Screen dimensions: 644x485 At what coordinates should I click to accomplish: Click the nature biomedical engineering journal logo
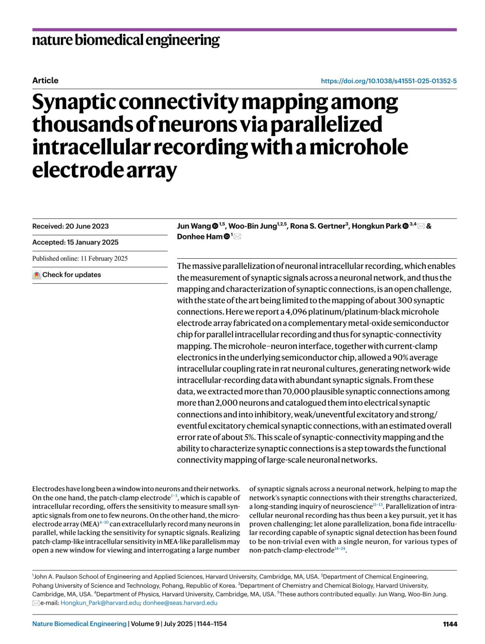click(x=126, y=40)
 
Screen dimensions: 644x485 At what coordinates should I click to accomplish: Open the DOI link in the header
click(x=388, y=81)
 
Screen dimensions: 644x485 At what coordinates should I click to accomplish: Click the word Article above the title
click(x=45, y=80)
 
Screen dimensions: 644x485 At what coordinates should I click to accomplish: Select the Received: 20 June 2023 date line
click(x=70, y=226)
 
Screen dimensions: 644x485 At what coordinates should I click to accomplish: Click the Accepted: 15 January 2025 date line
click(x=75, y=242)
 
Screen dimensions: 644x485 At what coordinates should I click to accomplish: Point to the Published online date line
click(x=80, y=258)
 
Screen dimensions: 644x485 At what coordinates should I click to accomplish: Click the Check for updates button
click(x=67, y=275)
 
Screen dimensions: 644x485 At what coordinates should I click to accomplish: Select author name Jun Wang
click(x=194, y=226)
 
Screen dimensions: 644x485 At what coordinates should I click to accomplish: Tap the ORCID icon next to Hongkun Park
click(x=405, y=226)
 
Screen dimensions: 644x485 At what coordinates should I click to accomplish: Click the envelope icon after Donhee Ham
click(x=238, y=236)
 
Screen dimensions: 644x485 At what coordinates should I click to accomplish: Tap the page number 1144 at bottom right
click(x=450, y=624)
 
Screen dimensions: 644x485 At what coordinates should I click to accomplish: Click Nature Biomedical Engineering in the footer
click(x=79, y=624)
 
